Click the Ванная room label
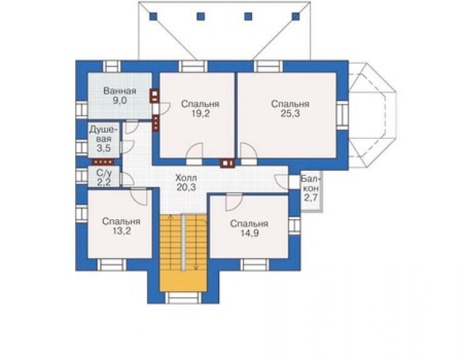(120, 91)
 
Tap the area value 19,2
(200, 114)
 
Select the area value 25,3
(290, 114)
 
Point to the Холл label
(186, 178)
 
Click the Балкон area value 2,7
(310, 198)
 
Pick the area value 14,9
(249, 233)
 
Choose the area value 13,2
(121, 231)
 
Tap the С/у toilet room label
(104, 173)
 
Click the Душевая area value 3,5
(104, 148)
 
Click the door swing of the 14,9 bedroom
(234, 202)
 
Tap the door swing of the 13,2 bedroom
(139, 196)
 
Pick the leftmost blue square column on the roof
(153, 16)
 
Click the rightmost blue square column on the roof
(295, 16)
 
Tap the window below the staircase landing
(183, 297)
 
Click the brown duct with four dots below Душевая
(103, 162)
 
